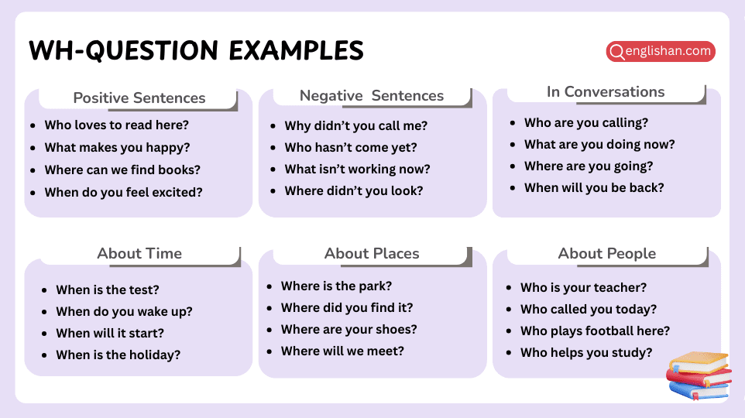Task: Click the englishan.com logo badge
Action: coord(661,52)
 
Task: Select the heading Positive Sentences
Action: coord(139,98)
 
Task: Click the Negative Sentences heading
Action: coord(372,96)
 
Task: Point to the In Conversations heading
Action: coord(606,92)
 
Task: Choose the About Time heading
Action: coord(139,254)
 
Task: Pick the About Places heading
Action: coord(372,254)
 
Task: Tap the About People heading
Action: coord(606,254)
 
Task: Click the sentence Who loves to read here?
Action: coord(117,125)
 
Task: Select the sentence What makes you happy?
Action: coord(117,148)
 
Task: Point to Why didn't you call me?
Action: coord(355,126)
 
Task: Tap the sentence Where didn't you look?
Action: coord(354,191)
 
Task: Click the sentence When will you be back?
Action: coord(594,188)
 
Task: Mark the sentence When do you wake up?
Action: coord(124,312)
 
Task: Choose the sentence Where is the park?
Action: coord(336,286)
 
